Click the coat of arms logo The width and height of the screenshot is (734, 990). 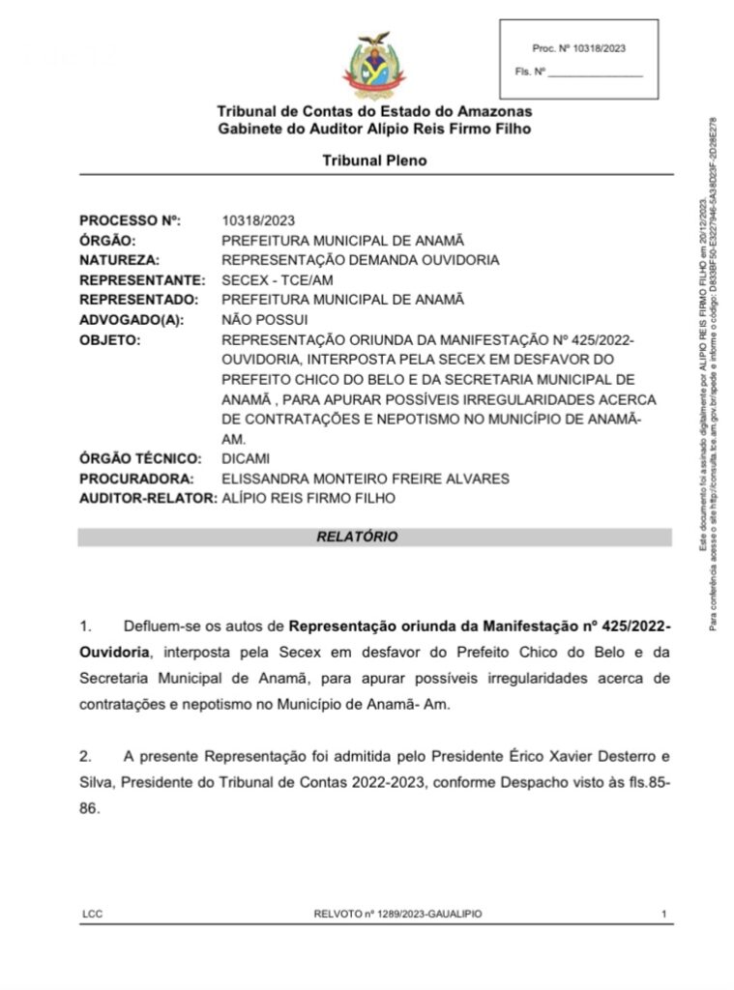click(373, 65)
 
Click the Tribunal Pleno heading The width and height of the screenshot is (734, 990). click(374, 160)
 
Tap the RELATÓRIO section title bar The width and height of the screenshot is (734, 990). click(374, 537)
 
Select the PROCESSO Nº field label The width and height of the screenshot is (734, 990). click(130, 220)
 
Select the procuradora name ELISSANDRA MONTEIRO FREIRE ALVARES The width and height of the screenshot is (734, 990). click(366, 479)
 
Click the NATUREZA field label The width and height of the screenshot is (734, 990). click(119, 260)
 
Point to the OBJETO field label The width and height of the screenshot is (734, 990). click(109, 340)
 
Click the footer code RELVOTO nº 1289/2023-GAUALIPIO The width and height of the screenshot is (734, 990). click(397, 914)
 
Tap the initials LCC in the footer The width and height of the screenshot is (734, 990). click(93, 914)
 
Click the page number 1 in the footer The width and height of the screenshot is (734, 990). click(663, 914)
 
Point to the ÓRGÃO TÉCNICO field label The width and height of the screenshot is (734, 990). click(140, 458)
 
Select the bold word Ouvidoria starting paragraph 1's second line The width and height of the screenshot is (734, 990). click(114, 653)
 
